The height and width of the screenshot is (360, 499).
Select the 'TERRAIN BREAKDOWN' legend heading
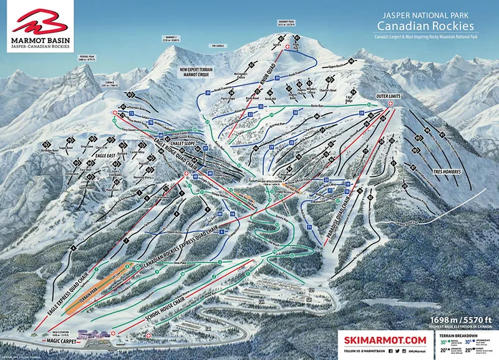[458, 335]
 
